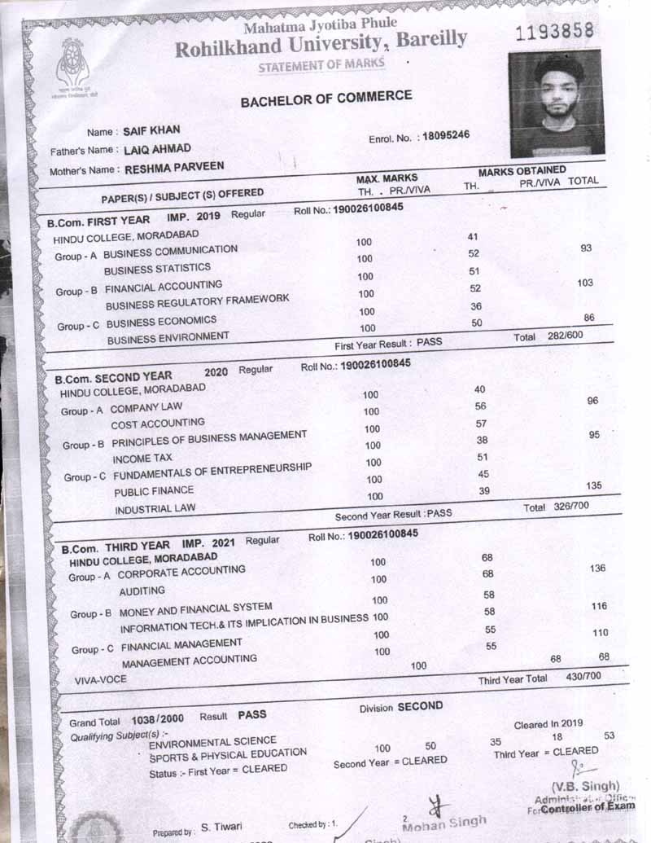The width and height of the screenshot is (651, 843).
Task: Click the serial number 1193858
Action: click(556, 32)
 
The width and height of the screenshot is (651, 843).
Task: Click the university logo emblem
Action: click(72, 65)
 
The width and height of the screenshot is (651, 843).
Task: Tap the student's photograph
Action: click(556, 103)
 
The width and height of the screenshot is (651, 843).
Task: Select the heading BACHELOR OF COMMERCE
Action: click(326, 99)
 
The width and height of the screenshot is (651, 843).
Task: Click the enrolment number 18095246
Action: click(445, 136)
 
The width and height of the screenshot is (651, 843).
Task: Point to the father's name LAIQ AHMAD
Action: click(158, 149)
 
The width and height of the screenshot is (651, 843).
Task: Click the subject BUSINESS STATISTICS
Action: click(157, 268)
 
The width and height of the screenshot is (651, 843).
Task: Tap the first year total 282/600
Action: click(566, 336)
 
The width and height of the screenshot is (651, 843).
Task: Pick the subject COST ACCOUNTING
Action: click(158, 424)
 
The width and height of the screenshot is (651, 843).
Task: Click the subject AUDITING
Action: click(142, 591)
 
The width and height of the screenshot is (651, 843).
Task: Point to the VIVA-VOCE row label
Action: click(101, 678)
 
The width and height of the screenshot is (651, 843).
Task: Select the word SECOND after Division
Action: click(420, 706)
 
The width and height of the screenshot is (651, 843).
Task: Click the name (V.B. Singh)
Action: click(586, 786)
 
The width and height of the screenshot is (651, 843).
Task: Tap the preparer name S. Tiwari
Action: click(221, 826)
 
